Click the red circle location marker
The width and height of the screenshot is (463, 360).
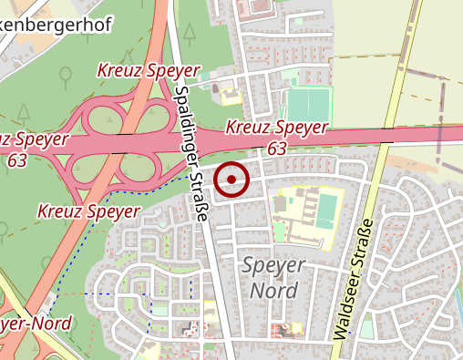tap(232, 180)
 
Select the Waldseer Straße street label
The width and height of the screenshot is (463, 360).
tap(355, 278)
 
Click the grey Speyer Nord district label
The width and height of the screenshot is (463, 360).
tap(274, 277)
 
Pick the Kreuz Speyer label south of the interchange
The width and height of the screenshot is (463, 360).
tap(88, 211)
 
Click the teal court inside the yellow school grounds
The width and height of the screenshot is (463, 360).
tap(325, 209)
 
